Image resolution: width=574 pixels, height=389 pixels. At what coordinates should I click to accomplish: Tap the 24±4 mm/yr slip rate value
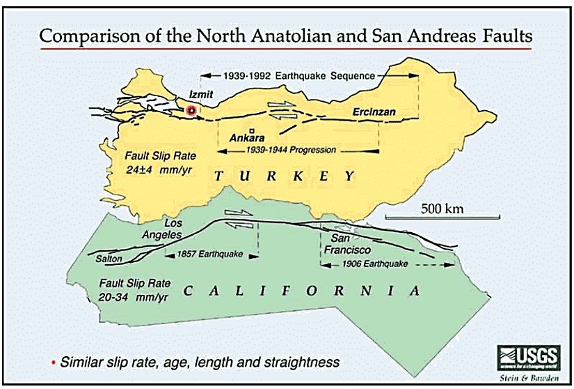164,168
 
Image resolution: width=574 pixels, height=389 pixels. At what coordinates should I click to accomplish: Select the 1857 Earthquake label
210,254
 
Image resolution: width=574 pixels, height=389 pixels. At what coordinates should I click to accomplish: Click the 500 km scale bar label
443,208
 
